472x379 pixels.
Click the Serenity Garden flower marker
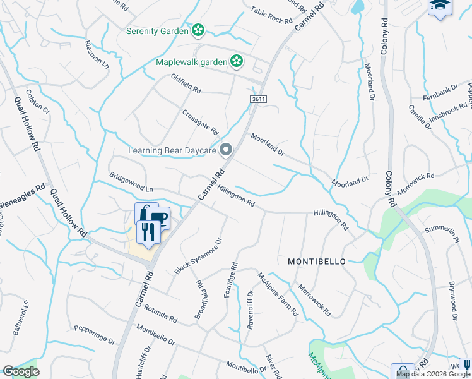[x=198, y=30]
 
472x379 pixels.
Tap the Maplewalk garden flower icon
[x=236, y=61]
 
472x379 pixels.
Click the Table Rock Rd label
[x=271, y=15]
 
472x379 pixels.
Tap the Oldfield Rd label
[x=186, y=84]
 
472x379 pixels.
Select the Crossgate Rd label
[x=200, y=123]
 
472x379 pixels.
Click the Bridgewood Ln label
[x=131, y=182]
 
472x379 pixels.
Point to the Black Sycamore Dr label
[x=199, y=256]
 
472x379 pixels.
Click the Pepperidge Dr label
[x=95, y=334]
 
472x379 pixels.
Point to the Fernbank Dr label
[x=440, y=95]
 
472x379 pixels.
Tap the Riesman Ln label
[x=97, y=55]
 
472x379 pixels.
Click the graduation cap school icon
[x=440, y=6]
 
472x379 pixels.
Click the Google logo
[x=21, y=371]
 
